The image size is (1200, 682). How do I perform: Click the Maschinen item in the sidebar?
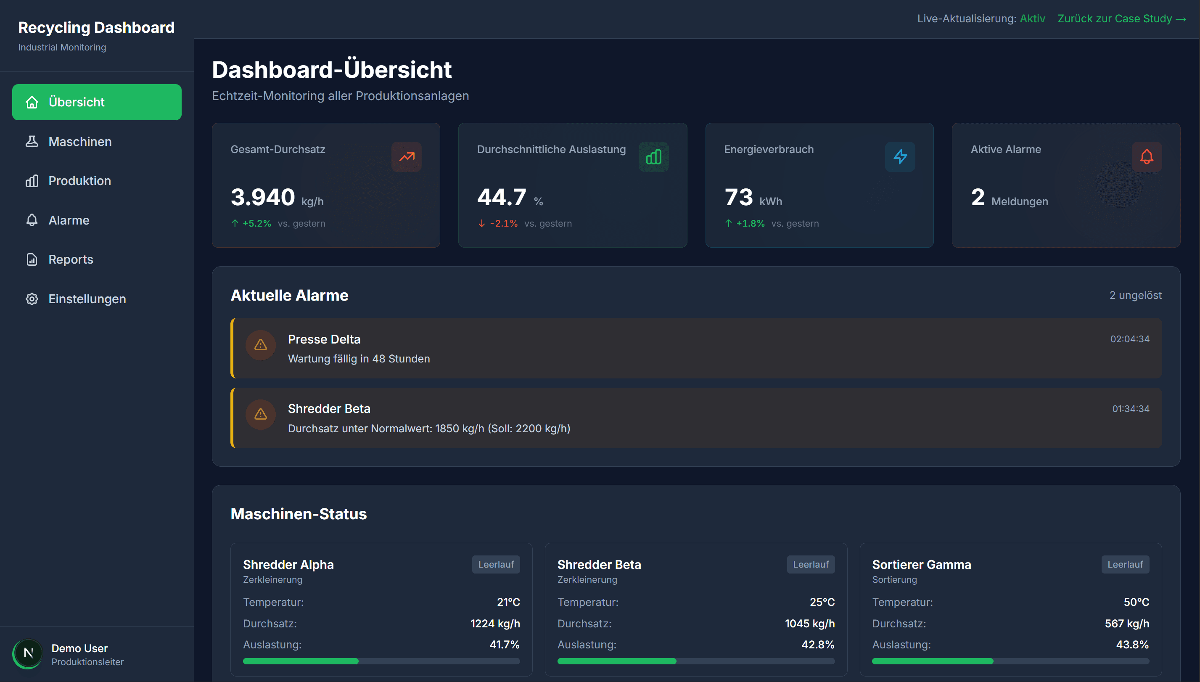tap(79, 141)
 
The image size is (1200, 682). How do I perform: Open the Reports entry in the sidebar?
tap(70, 259)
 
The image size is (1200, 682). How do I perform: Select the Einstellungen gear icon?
tap(32, 299)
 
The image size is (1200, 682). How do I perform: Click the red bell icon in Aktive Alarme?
tap(1146, 157)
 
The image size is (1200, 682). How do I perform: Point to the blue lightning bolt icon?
tap(900, 157)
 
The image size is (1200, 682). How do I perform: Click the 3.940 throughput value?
tap(263, 197)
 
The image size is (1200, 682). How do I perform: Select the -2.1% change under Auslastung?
tap(504, 223)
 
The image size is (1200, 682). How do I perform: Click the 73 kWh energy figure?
tap(739, 197)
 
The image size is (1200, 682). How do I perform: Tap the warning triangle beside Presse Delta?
tap(260, 345)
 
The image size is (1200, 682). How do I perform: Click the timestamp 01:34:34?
tap(1130, 409)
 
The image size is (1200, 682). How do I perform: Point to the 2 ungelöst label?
tap(1135, 296)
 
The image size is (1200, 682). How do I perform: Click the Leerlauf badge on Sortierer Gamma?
tap(1125, 564)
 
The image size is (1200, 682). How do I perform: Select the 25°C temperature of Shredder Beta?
tap(822, 603)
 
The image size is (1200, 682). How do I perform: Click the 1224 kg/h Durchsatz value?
tap(494, 624)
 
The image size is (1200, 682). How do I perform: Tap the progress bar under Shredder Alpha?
tap(381, 661)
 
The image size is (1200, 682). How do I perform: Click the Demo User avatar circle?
tap(28, 653)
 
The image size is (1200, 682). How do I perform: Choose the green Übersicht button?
tap(96, 102)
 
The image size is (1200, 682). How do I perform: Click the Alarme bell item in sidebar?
tap(69, 220)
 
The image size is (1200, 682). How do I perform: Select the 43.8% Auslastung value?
tap(1132, 645)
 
